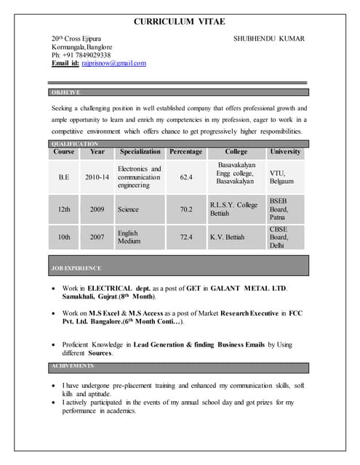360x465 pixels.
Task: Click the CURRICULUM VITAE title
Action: pos(180,23)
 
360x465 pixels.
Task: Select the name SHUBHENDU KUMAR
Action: pos(268,39)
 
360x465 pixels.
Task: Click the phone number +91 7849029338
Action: pos(85,54)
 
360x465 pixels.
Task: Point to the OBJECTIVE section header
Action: pos(65,92)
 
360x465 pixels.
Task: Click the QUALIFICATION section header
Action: pos(75,144)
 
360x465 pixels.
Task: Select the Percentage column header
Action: pos(185,152)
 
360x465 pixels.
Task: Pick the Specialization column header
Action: pos(140,152)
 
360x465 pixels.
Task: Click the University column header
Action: pos(284,152)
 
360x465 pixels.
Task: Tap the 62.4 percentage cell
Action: pos(186,177)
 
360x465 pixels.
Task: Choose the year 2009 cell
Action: pos(97,209)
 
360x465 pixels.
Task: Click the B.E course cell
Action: pos(64,177)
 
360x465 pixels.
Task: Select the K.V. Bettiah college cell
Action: pos(227,237)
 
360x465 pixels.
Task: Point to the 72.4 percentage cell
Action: pos(186,237)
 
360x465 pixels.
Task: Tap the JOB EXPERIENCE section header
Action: pos(76,268)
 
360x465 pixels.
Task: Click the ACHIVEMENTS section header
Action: pos(73,365)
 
